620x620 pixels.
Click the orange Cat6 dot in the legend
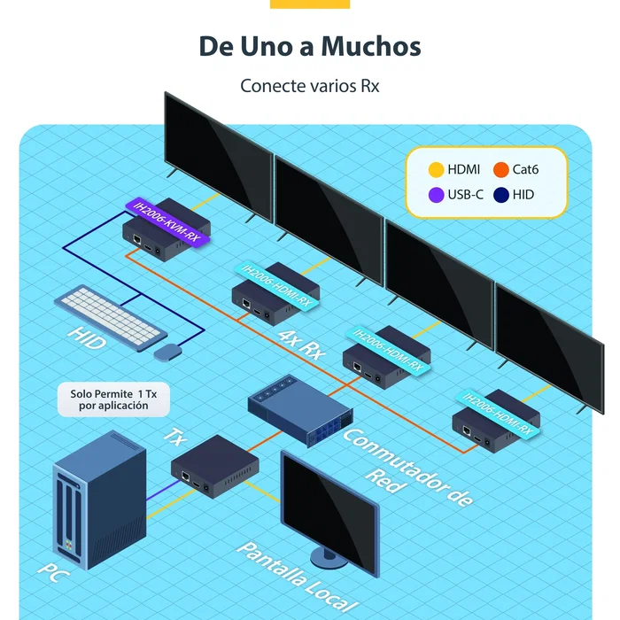[501, 170]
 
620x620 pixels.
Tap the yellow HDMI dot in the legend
[436, 170]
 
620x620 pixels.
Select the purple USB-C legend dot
[436, 195]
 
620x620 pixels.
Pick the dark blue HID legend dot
[501, 195]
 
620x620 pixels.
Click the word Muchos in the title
[371, 46]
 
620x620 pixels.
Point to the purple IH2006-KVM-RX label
[167, 221]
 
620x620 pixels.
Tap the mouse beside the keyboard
[167, 353]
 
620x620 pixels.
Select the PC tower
[99, 500]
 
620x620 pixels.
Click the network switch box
[300, 411]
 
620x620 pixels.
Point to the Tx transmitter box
[214, 467]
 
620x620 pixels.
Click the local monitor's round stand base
[329, 557]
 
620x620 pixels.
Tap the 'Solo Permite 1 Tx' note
[113, 399]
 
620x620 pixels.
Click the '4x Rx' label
[301, 345]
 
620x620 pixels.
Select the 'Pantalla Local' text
[298, 578]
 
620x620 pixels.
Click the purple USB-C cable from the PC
[163, 491]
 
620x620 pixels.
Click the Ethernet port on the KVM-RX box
[137, 240]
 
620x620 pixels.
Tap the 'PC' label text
[53, 572]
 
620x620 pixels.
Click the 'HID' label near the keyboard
[87, 338]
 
